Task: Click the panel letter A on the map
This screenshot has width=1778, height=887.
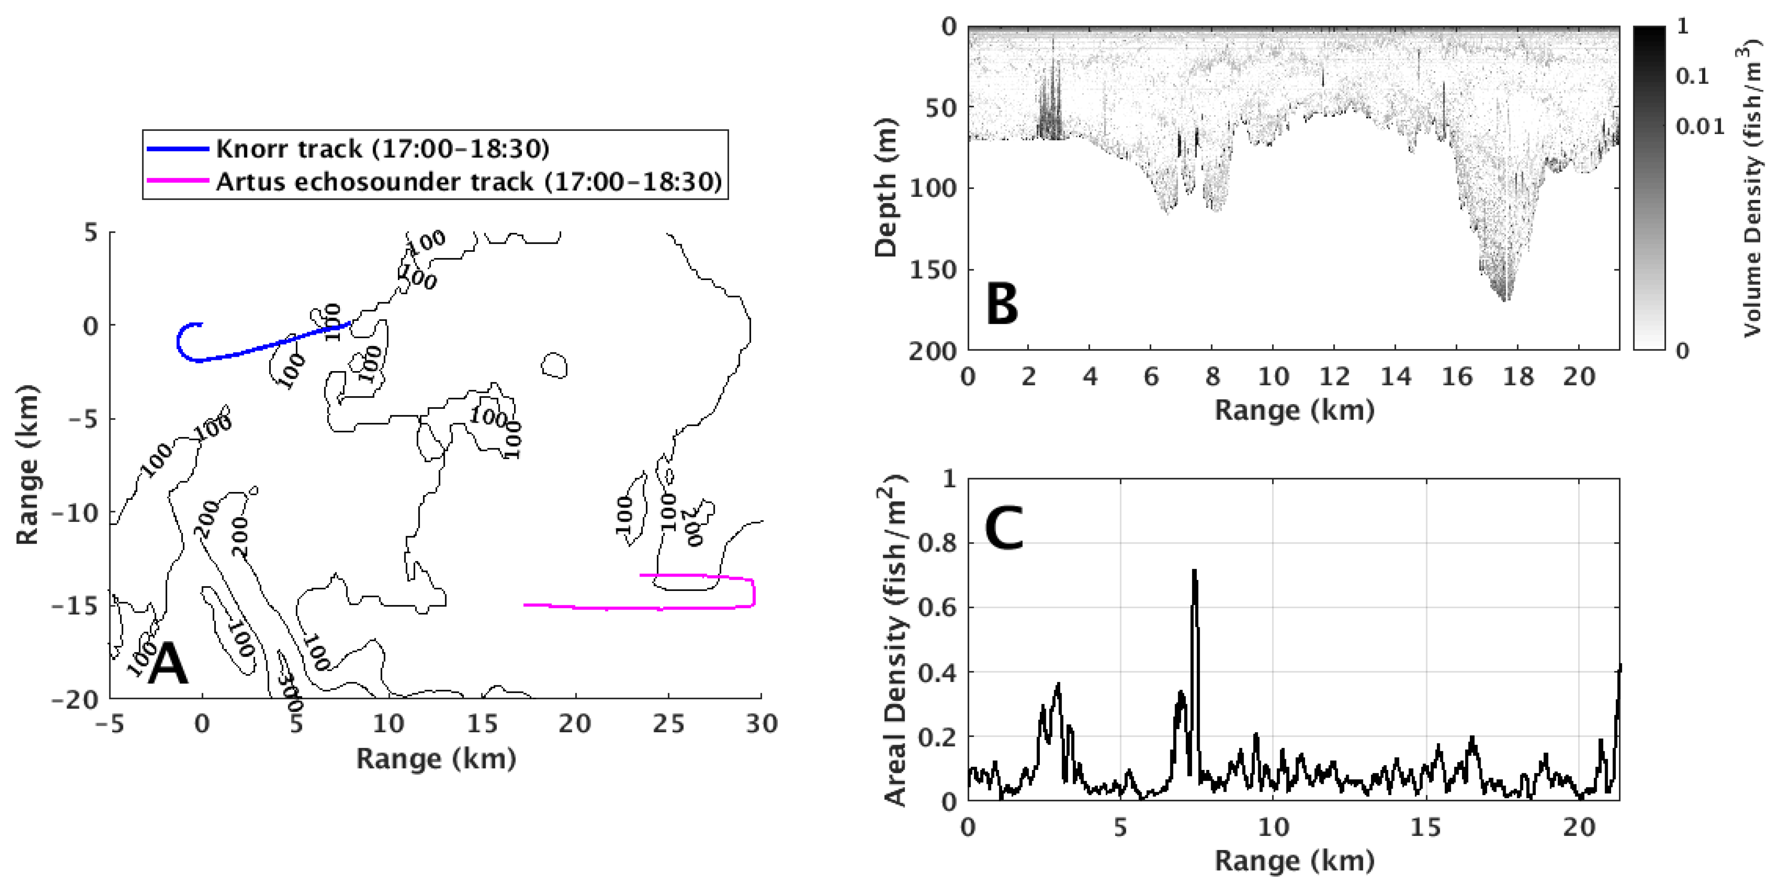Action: click(x=168, y=664)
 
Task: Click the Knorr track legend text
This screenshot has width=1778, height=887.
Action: click(x=382, y=148)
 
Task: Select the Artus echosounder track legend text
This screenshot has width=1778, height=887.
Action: click(x=469, y=182)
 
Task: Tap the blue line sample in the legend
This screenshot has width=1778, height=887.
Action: click(x=177, y=148)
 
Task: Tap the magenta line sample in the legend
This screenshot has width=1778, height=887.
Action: click(x=177, y=181)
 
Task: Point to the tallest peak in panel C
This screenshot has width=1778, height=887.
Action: click(x=1194, y=571)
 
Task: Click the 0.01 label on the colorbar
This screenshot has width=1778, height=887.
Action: click(x=1700, y=126)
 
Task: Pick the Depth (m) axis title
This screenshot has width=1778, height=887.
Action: click(x=886, y=188)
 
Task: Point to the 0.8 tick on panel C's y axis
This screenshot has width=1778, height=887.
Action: click(x=938, y=543)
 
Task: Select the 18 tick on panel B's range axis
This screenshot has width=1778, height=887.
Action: click(x=1518, y=377)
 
